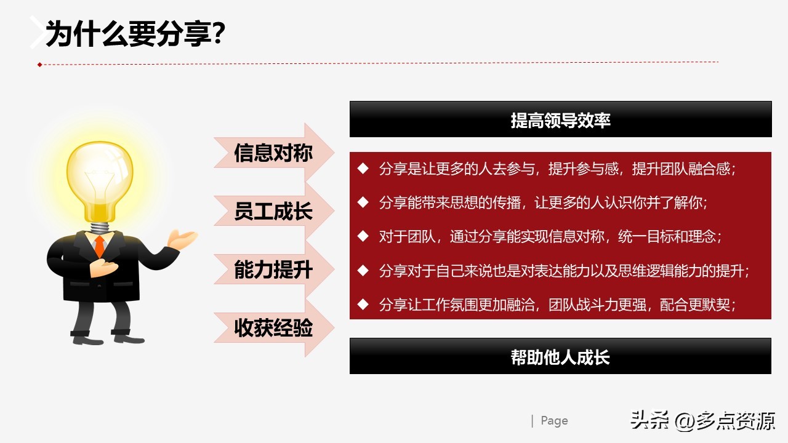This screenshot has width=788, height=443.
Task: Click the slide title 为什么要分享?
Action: pyautogui.click(x=135, y=34)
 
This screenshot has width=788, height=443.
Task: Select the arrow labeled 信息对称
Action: pyautogui.click(x=274, y=153)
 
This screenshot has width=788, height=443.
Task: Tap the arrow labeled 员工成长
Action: pyautogui.click(x=274, y=212)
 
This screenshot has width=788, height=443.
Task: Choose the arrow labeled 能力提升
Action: pyautogui.click(x=274, y=269)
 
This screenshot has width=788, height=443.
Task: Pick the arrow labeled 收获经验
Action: pyautogui.click(x=274, y=328)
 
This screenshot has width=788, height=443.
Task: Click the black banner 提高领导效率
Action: pyautogui.click(x=560, y=119)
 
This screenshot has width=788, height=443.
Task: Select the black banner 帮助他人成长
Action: pyautogui.click(x=560, y=356)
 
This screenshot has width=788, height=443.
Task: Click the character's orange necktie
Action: pyautogui.click(x=99, y=247)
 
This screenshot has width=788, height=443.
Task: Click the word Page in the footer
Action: pyautogui.click(x=554, y=421)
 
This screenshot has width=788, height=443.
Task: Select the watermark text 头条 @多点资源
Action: pyautogui.click(x=702, y=421)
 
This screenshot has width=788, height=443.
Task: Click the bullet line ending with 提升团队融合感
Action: pyautogui.click(x=557, y=169)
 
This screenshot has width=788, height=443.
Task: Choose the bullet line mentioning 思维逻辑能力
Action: pyautogui.click(x=563, y=270)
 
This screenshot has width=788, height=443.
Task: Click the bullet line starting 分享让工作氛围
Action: pyautogui.click(x=557, y=304)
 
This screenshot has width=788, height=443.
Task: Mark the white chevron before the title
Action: pyautogui.click(x=38, y=32)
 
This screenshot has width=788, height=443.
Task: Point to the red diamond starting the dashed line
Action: pyautogui.click(x=39, y=65)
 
